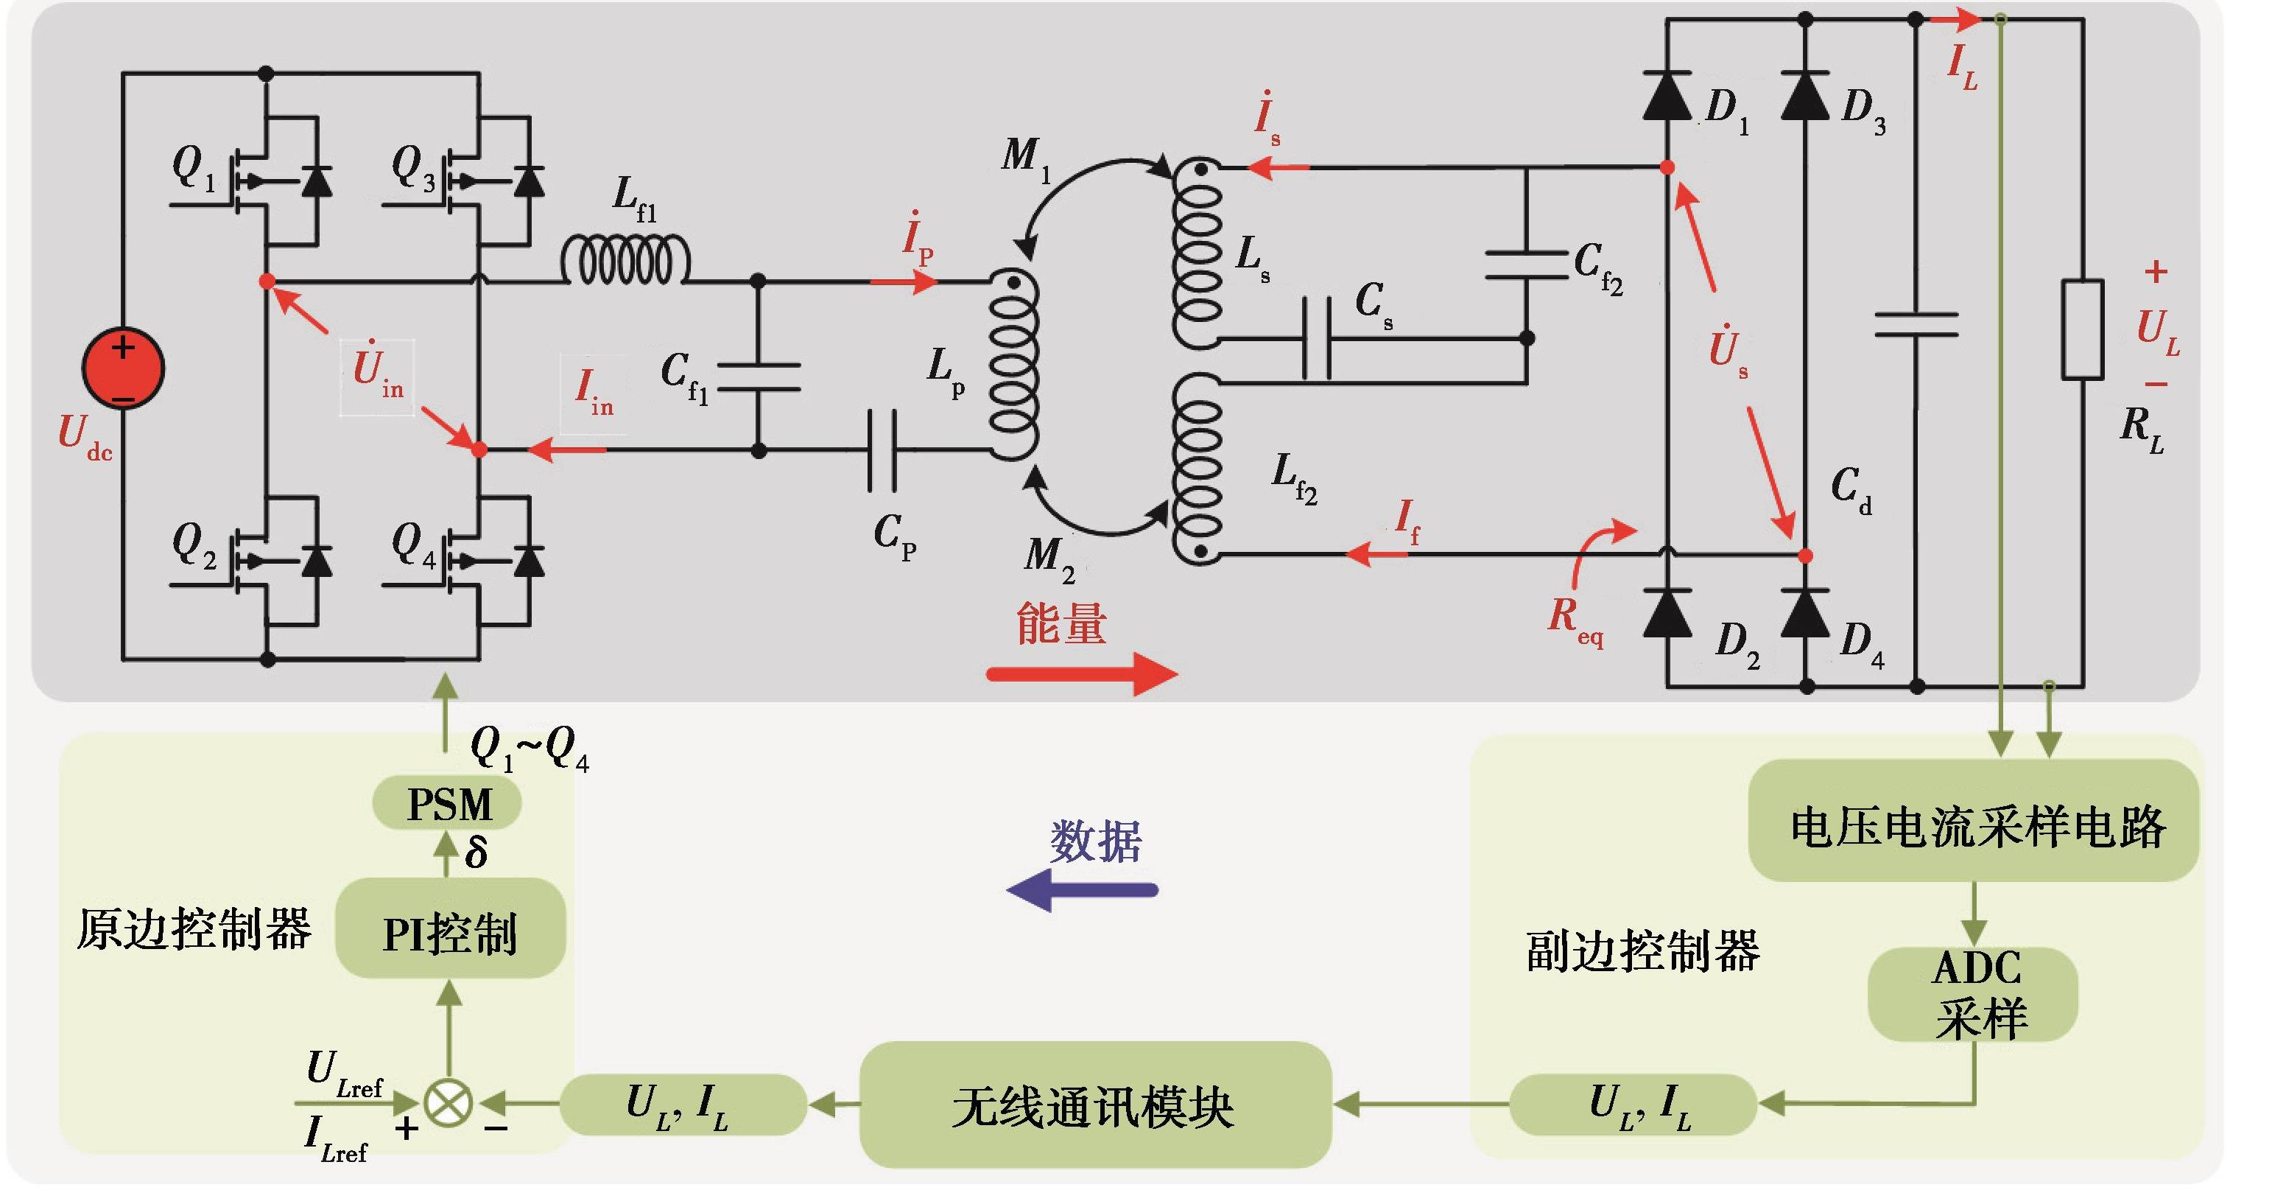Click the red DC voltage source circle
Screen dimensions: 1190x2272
pos(122,368)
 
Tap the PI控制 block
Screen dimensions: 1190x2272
pos(450,931)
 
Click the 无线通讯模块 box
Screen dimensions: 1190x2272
pos(1094,1105)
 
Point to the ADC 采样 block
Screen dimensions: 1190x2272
pos(1973,994)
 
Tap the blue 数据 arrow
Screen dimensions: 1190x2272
pos(1083,890)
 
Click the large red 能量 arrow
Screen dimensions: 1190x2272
pos(1081,675)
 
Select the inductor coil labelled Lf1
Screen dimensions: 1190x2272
pos(625,261)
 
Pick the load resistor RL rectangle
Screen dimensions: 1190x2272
pos(2083,329)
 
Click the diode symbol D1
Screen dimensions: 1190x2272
pos(1667,95)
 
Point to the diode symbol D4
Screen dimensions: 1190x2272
pos(1805,613)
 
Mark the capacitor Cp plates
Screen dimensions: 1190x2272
pos(882,450)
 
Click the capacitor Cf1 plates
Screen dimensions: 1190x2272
pos(759,377)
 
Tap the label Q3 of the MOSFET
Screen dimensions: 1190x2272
pos(412,167)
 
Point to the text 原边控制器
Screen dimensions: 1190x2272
pos(194,930)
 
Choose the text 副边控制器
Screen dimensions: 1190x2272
pos(1642,951)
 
